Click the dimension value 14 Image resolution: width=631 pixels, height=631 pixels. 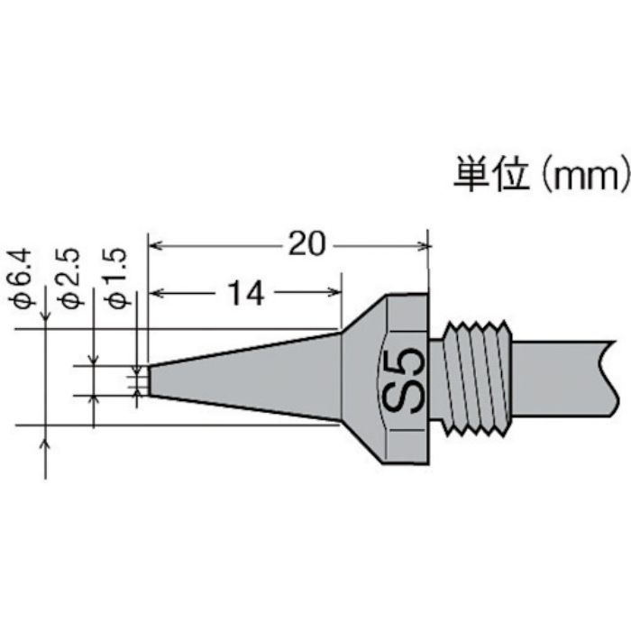pyautogui.click(x=245, y=293)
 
